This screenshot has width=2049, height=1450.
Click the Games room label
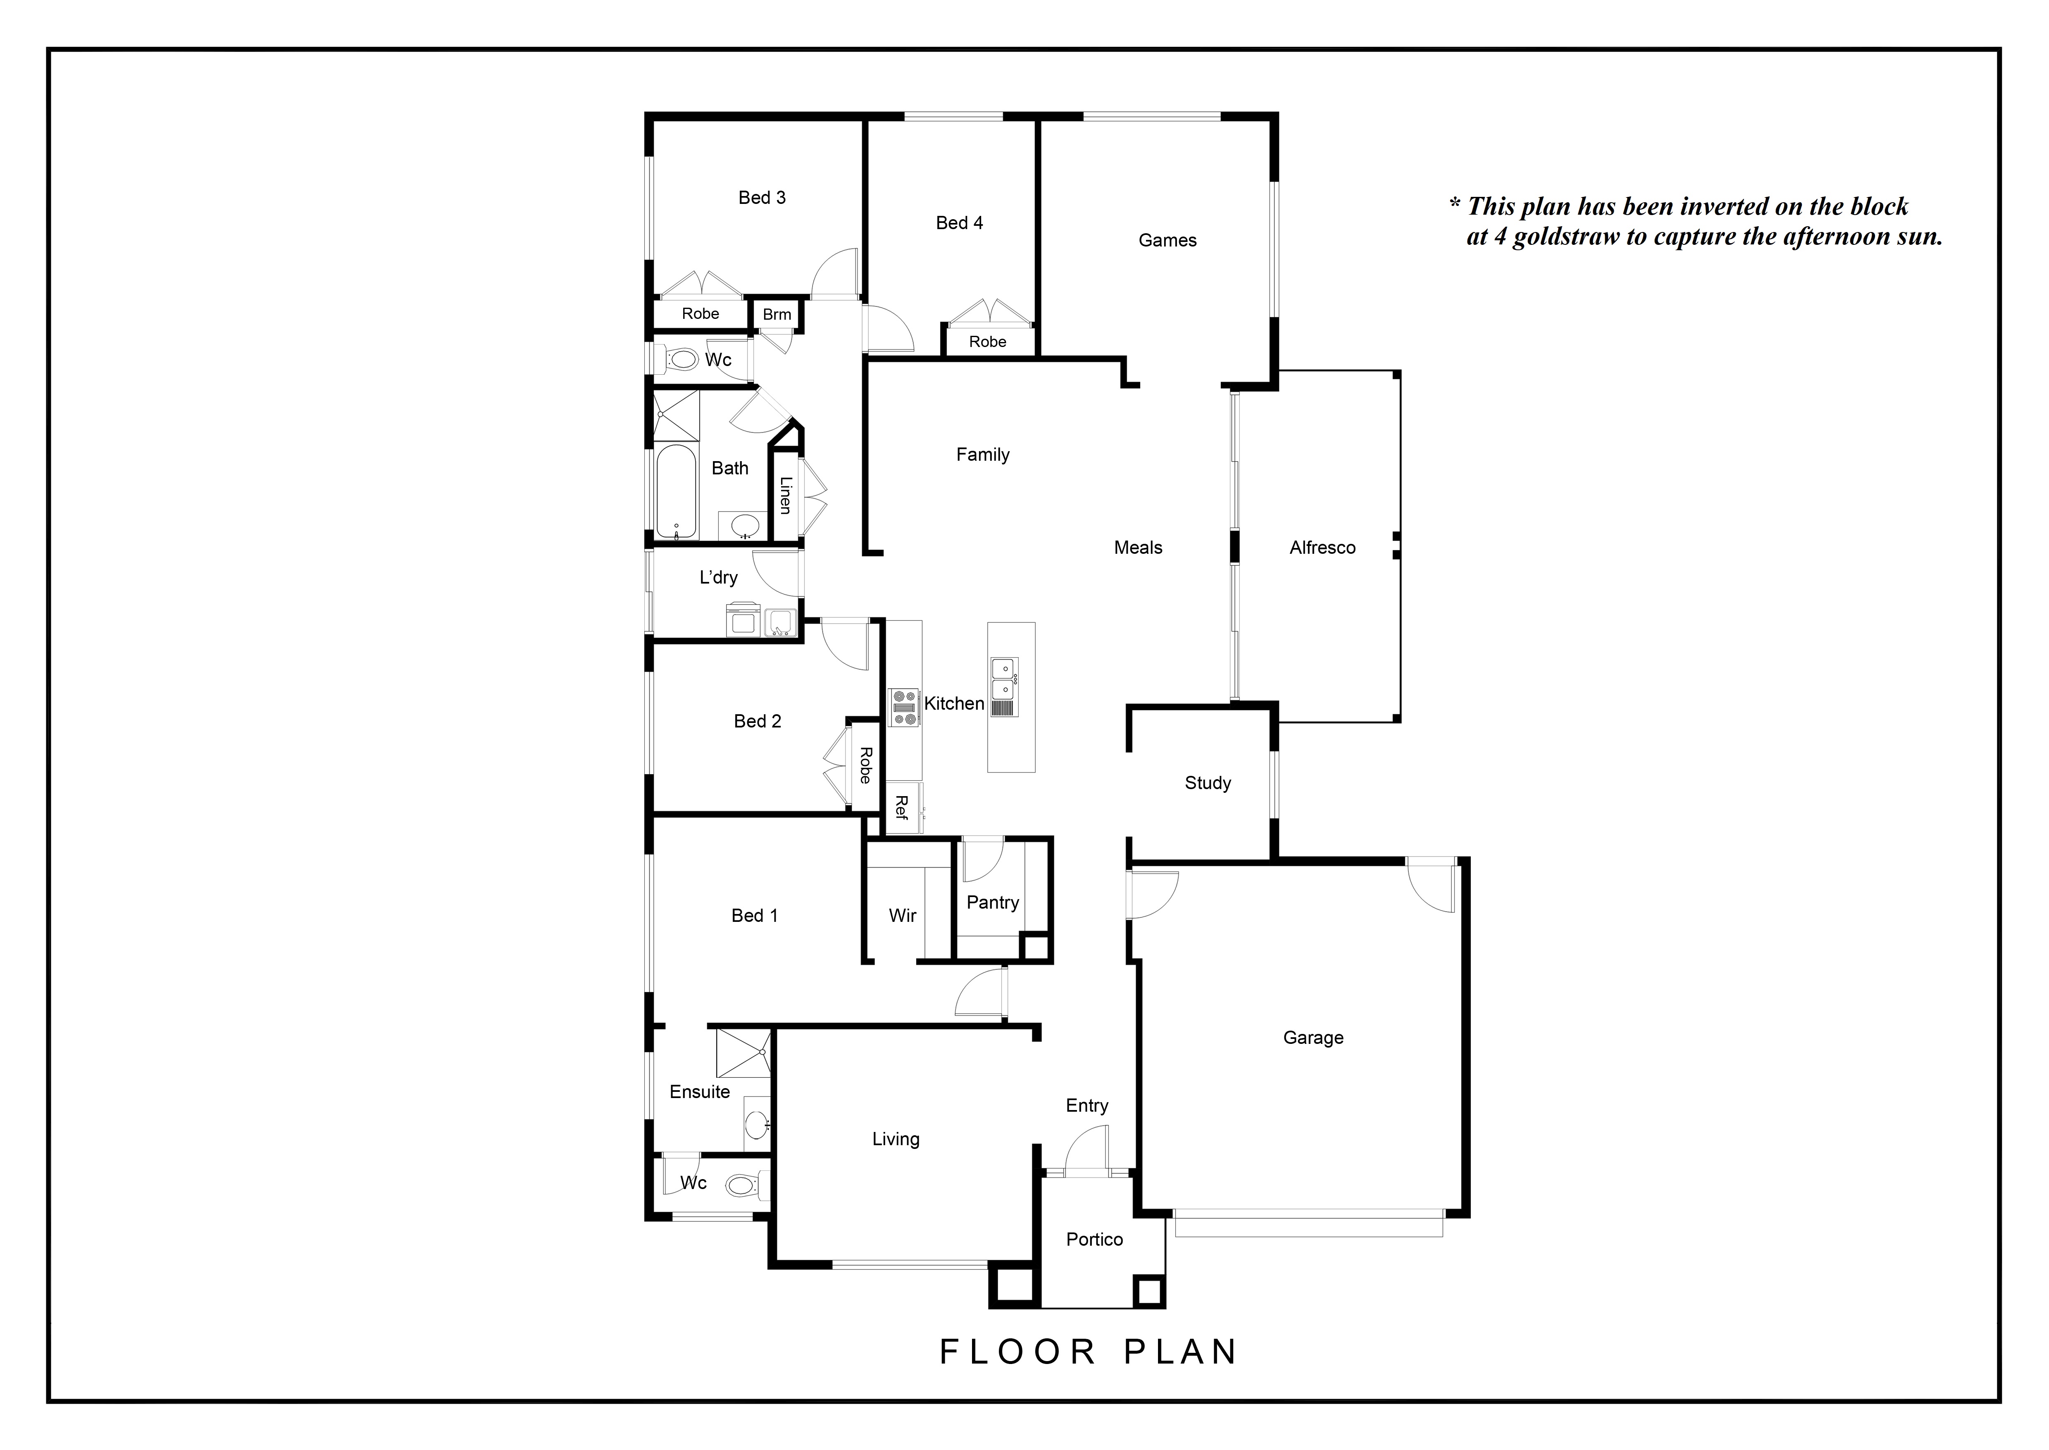[x=1167, y=240]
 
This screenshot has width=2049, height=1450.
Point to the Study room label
[x=1208, y=783]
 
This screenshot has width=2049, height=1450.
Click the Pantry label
[x=992, y=903]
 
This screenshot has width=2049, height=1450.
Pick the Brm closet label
[x=777, y=314]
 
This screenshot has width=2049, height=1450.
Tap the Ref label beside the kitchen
[x=901, y=808]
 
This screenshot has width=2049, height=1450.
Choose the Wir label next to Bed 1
[x=902, y=915]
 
